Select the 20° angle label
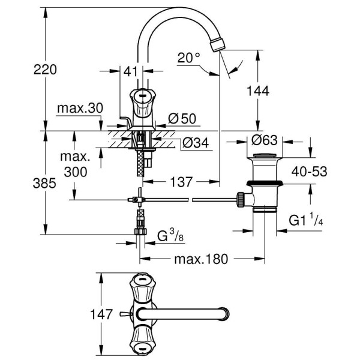(x=189, y=58)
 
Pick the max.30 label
(x=80, y=108)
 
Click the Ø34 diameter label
(x=194, y=143)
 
